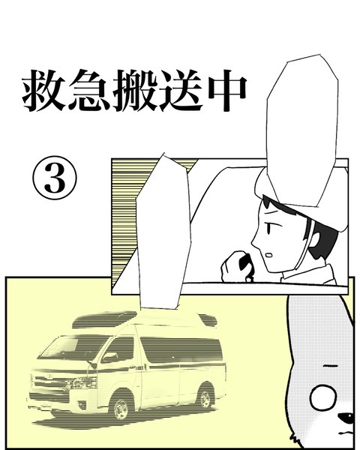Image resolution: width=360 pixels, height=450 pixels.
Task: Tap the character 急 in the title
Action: tap(89, 91)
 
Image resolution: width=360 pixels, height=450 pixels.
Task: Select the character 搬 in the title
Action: tap(135, 91)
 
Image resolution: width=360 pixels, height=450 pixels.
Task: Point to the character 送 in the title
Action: tap(180, 91)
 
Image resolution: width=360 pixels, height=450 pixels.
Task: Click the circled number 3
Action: tap(55, 178)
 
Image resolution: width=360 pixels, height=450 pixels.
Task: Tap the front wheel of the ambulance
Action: tap(121, 406)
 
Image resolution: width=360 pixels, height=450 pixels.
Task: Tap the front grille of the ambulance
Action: tap(49, 382)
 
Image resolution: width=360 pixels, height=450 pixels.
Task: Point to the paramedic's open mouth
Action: tap(269, 255)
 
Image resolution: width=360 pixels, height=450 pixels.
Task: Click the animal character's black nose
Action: tap(346, 418)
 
